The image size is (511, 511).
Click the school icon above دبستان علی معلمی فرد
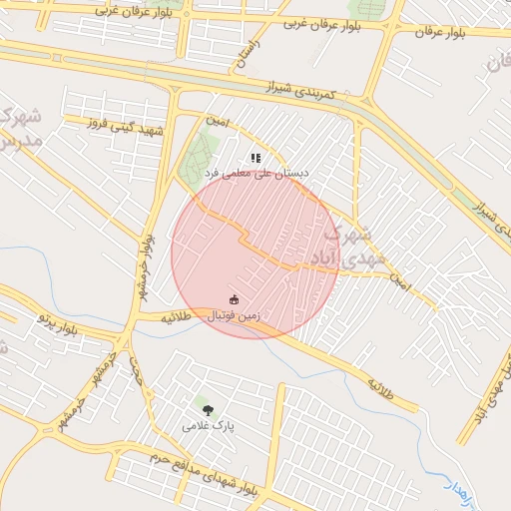tap(255, 158)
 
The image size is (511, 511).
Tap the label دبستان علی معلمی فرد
tap(256, 173)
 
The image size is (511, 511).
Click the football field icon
tap(236, 299)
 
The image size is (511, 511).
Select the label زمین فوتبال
tap(235, 315)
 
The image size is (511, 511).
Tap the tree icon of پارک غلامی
tap(208, 409)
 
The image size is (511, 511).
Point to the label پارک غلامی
tap(208, 425)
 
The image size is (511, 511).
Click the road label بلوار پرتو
tap(58, 321)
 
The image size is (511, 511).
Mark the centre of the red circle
tap(255, 255)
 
